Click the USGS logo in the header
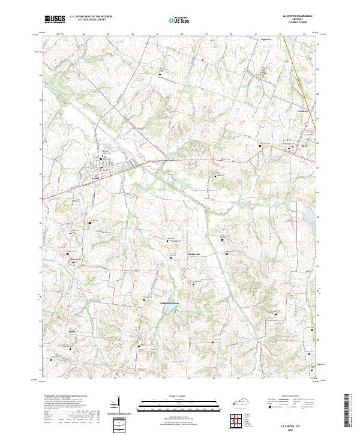click(x=55, y=20)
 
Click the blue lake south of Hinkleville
click(x=169, y=307)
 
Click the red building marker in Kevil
click(x=293, y=146)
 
